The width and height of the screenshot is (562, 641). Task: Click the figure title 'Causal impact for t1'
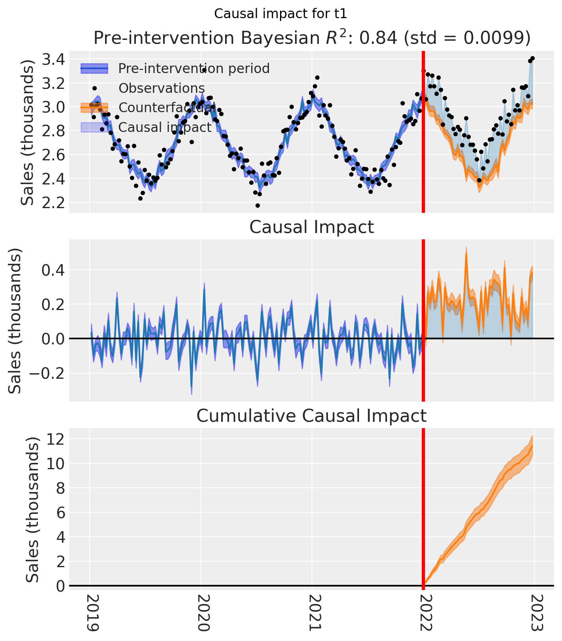coord(280,14)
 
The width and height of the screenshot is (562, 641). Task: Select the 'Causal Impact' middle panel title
coord(312,227)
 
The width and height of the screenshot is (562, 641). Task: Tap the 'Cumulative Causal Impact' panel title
coord(312,416)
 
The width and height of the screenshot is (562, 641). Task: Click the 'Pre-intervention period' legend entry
coord(194,69)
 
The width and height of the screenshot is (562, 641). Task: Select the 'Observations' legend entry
coord(162,88)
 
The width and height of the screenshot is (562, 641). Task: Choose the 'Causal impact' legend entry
coord(165,127)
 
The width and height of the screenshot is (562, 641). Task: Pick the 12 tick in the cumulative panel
coord(56,439)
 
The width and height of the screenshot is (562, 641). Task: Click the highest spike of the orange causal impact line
coord(466,255)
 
